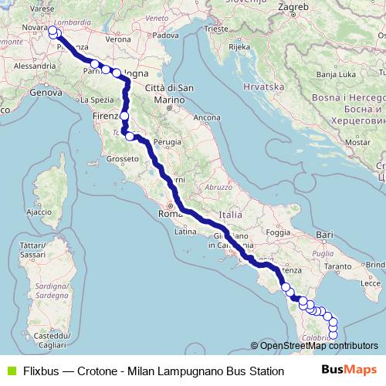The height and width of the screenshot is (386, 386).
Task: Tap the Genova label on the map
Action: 46,93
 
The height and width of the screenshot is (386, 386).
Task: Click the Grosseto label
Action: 121,158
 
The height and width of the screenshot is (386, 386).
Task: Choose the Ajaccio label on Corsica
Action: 39,211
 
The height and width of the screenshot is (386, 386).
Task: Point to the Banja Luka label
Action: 338,74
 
